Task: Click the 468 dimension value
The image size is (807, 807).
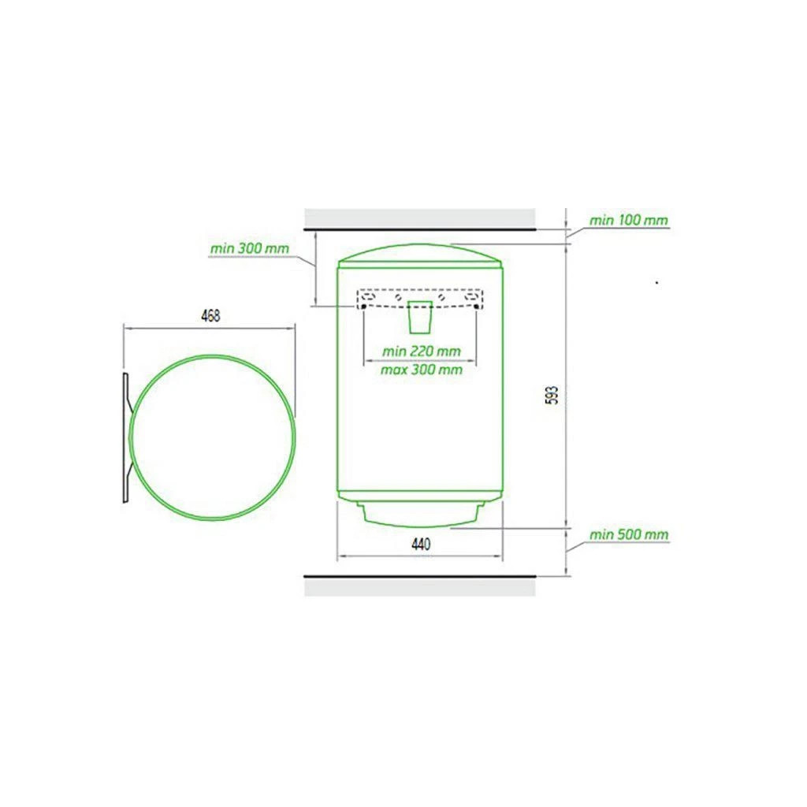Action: tap(210, 315)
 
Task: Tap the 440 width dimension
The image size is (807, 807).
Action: tap(421, 544)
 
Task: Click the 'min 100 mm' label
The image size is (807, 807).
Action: tap(628, 221)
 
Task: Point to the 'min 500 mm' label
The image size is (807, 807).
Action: tap(628, 535)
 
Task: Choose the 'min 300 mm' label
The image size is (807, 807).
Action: tap(250, 248)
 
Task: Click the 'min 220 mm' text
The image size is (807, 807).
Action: tap(421, 351)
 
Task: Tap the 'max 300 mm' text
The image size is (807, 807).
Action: tap(421, 370)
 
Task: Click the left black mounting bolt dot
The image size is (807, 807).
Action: tap(364, 307)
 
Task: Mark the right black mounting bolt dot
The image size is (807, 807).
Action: tap(476, 307)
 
